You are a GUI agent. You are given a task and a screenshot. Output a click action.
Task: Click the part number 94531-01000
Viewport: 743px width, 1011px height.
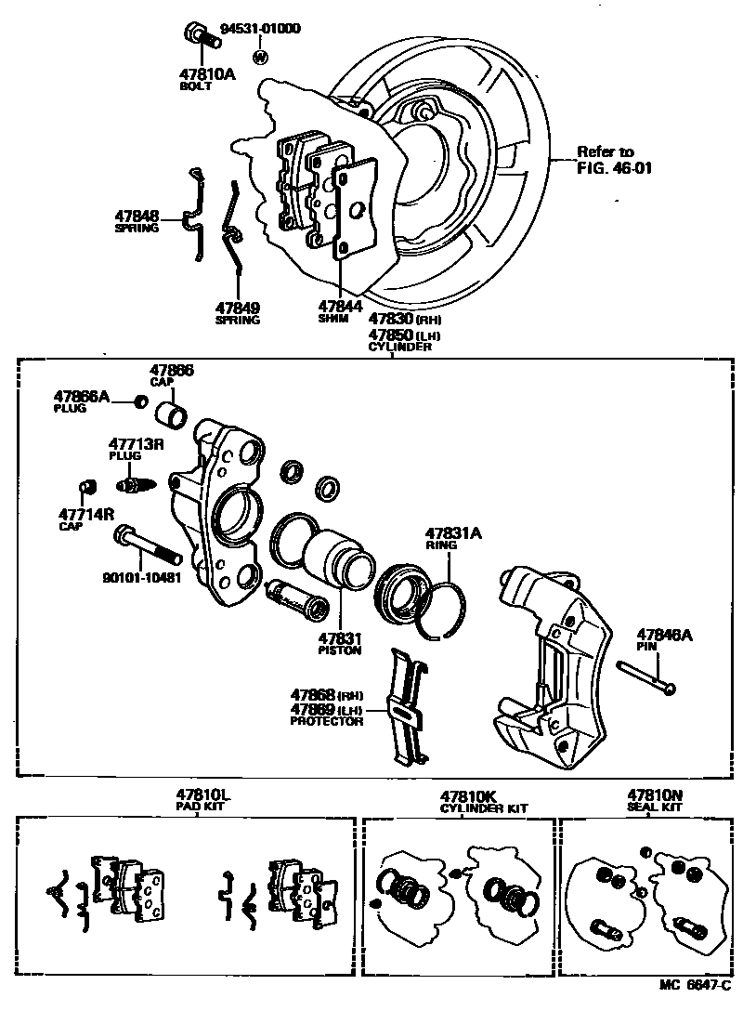tap(261, 29)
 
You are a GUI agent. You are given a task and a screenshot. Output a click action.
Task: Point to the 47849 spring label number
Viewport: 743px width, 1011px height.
tap(237, 308)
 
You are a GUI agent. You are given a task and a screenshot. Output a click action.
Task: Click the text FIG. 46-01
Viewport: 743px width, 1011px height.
tap(605, 168)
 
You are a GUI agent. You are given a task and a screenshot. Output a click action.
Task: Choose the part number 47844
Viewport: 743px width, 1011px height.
tap(340, 305)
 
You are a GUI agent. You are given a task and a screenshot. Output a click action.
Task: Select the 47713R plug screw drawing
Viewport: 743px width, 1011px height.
tap(134, 484)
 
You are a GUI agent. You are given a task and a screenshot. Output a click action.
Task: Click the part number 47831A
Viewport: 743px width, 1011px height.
tap(454, 534)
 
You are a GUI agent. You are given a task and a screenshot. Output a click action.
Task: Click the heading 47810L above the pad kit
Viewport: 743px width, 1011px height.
tap(203, 795)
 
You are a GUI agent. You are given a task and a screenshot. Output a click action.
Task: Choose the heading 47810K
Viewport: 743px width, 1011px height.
tap(469, 796)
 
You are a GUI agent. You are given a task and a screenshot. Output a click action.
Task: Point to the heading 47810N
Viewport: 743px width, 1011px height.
tap(655, 795)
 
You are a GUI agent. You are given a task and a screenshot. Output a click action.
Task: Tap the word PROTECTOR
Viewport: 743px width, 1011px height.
tap(326, 721)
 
